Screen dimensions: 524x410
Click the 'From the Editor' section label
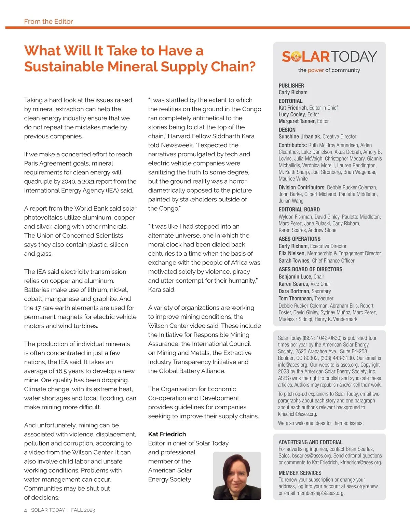pyautogui.click(x=49, y=22)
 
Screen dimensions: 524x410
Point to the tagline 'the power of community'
pyautogui.click(x=329, y=70)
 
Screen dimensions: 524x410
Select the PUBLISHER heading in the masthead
pyautogui.click(x=291, y=86)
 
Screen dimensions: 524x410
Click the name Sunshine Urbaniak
pyautogui.click(x=299, y=137)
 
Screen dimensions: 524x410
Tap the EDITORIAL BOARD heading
pyautogui.click(x=299, y=210)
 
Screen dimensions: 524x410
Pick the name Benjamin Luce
pyautogui.click(x=295, y=277)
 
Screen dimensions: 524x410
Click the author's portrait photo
pyautogui.click(x=237, y=476)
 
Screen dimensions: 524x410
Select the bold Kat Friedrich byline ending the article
pyautogui.click(x=167, y=434)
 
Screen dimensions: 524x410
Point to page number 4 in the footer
pyautogui.click(x=26, y=510)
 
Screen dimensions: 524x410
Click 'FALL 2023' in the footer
pyautogui.click(x=83, y=510)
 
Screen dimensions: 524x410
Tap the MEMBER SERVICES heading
pyautogui.click(x=300, y=473)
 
